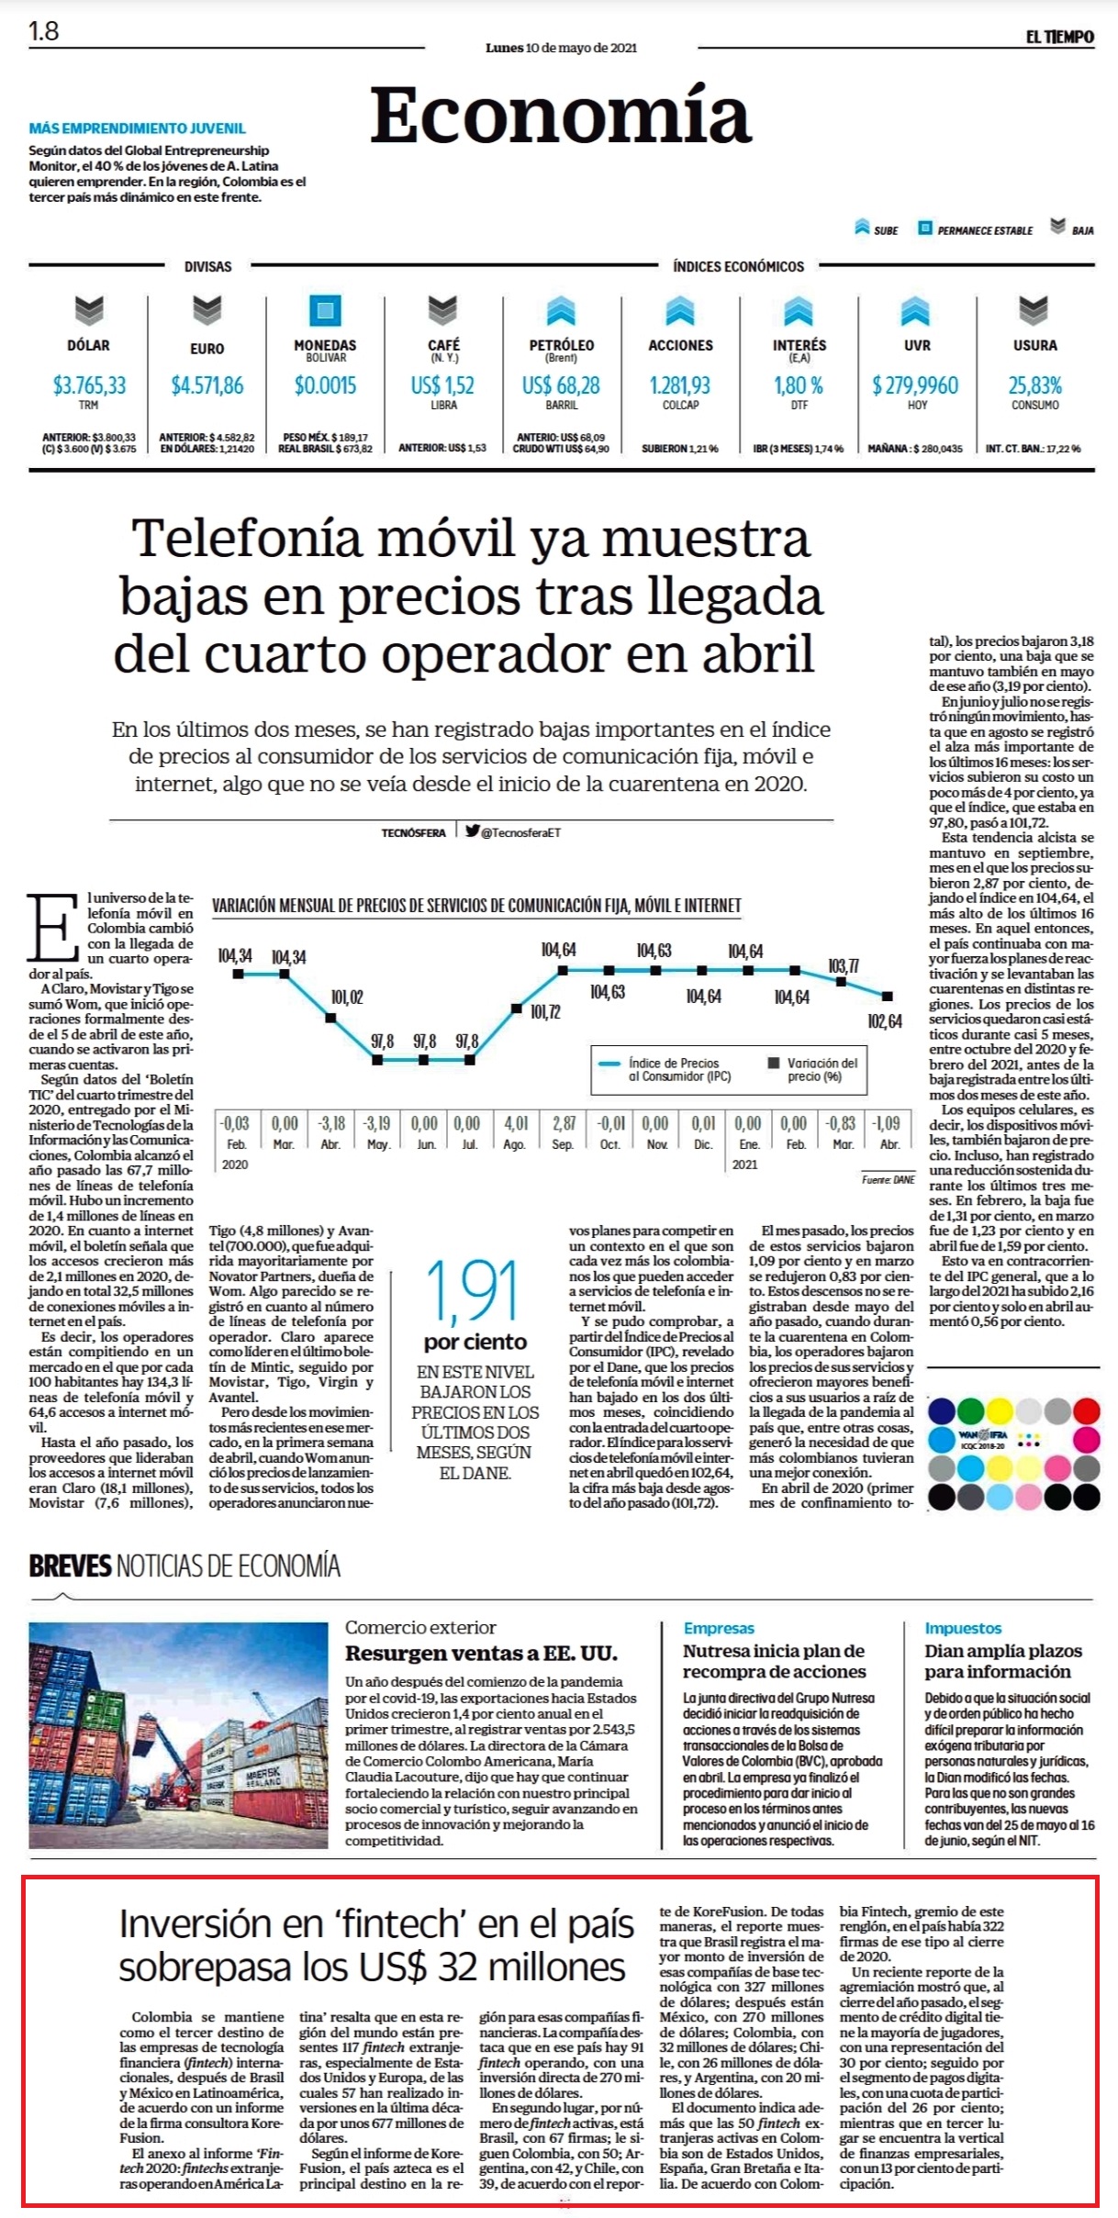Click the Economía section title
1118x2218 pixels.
tap(561, 117)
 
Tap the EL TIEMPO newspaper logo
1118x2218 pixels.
tap(1059, 37)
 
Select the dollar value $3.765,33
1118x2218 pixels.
tap(89, 385)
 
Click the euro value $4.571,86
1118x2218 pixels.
tap(207, 385)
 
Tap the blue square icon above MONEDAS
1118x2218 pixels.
tap(325, 311)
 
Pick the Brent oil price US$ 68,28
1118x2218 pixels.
tap(561, 385)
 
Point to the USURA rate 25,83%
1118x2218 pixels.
tap(1034, 385)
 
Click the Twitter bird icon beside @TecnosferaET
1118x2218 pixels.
tap(472, 831)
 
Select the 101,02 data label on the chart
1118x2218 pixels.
tap(347, 998)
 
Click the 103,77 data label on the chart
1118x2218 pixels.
tap(844, 966)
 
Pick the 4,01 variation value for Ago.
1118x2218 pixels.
tap(516, 1123)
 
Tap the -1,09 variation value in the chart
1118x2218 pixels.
tap(888, 1123)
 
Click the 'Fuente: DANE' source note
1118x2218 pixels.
tap(888, 1179)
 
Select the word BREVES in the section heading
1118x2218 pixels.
tap(70, 1566)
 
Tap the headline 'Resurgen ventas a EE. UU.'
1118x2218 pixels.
tap(481, 1654)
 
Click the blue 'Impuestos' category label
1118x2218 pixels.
tap(963, 1628)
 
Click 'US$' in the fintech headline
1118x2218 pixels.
tap(392, 1967)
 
